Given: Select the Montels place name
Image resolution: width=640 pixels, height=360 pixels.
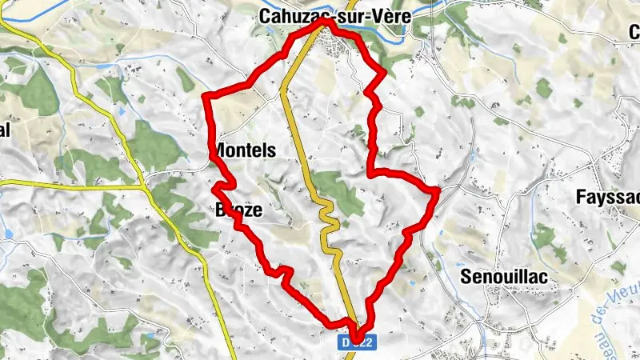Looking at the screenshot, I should click(246, 150).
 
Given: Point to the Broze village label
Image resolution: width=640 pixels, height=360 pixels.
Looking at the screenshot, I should click(239, 210).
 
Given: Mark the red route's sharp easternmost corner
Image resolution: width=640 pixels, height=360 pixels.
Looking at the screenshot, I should click(438, 190).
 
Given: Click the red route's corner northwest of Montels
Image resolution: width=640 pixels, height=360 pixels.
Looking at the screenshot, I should click(207, 97).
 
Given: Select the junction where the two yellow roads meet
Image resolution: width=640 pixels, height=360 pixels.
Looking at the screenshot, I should click(144, 186).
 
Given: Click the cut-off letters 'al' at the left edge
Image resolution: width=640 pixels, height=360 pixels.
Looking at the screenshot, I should click(5, 132).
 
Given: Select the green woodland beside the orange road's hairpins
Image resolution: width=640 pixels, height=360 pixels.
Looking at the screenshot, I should click(340, 192).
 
